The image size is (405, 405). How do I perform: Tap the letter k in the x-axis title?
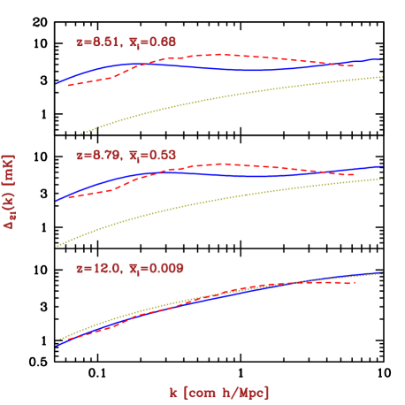pos(173,391)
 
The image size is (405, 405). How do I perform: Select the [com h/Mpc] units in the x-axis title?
pos(226,391)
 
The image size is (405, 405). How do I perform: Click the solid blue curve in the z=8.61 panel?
pos(256,69)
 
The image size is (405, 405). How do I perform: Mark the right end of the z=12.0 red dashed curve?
pos(355,283)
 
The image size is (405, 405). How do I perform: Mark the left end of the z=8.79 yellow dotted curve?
pos(57,246)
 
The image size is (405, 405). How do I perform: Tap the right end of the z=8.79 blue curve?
pos(381,166)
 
